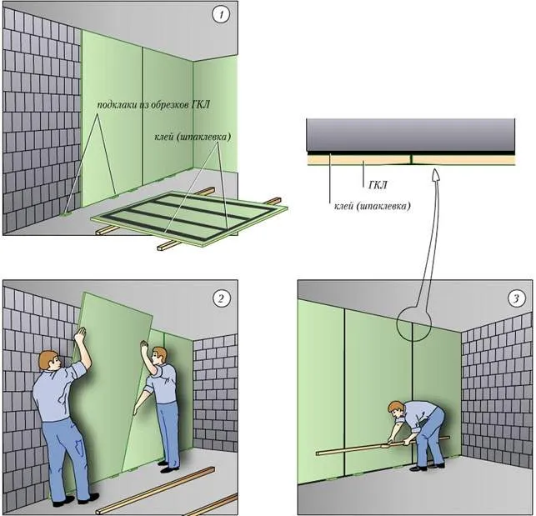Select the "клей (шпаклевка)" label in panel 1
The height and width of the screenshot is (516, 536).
coord(191,137)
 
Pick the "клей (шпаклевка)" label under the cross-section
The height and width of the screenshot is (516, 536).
coord(370,203)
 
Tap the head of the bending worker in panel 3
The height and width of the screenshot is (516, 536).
coord(396,409)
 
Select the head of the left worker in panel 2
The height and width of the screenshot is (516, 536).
coord(48,363)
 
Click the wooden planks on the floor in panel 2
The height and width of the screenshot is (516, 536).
coord(158,492)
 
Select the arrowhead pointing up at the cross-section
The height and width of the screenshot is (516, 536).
coord(435,174)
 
